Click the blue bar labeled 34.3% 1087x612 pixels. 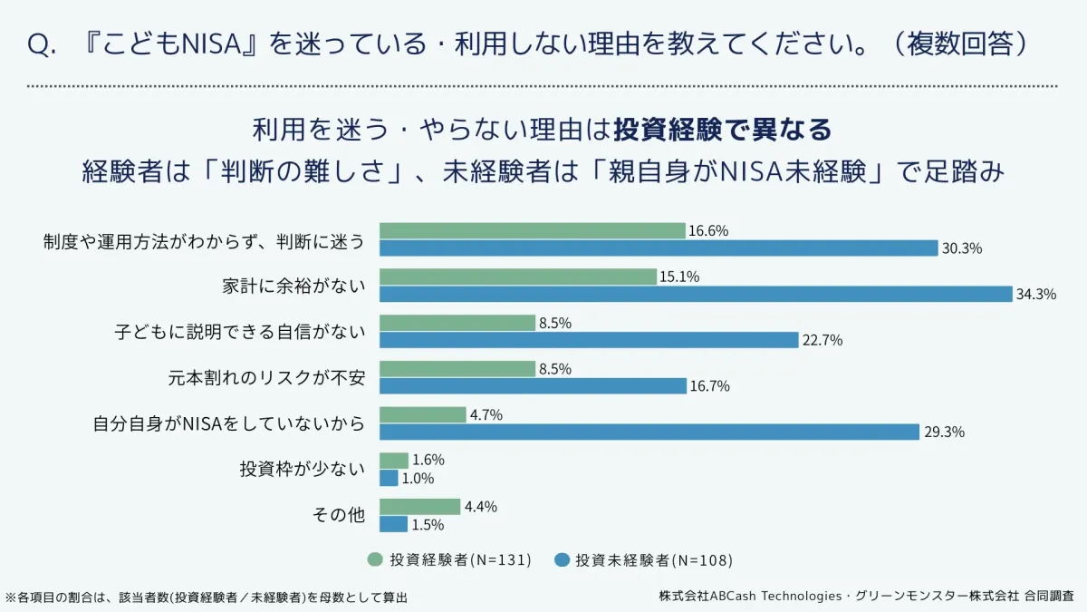click(695, 294)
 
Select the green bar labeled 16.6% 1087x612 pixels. click(532, 230)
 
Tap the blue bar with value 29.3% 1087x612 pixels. click(649, 432)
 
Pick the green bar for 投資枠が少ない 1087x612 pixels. click(393, 461)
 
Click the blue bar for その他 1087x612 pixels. click(392, 524)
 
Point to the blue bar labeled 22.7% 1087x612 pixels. click(588, 340)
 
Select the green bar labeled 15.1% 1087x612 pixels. click(517, 277)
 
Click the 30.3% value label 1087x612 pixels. click(962, 248)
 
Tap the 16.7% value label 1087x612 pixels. click(710, 386)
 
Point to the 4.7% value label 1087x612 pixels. click(486, 415)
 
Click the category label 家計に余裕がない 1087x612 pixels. click(293, 286)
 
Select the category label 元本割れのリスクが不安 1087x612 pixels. click(266, 377)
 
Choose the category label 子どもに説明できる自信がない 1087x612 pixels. click(239, 332)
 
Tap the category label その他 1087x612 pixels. click(338, 515)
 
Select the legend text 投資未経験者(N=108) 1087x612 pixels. click(654, 559)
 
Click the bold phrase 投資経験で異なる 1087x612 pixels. click(722, 130)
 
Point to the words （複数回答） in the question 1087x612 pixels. click(968, 44)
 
